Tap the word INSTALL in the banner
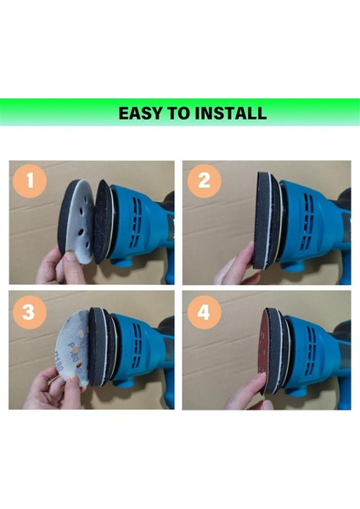click(x=230, y=114)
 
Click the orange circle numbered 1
click(x=30, y=181)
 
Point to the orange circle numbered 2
click(x=204, y=181)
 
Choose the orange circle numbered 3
click(x=29, y=312)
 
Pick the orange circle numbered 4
click(x=204, y=312)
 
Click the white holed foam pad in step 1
click(x=81, y=221)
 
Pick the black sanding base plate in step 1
click(x=103, y=222)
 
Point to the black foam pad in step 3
click(x=96, y=347)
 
